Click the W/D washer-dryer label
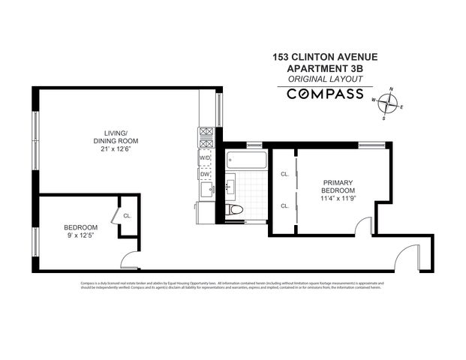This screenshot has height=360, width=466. (x=206, y=158)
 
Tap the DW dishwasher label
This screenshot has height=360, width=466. (x=205, y=175)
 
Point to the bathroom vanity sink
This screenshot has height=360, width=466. (x=230, y=184)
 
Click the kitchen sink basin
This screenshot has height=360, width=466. (x=205, y=190)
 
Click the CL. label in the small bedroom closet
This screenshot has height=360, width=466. (x=128, y=216)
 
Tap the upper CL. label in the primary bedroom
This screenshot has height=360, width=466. (x=285, y=174)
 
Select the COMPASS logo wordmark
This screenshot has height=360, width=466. (x=326, y=94)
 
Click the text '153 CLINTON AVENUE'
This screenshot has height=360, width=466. (x=326, y=56)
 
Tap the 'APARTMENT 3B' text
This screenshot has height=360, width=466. (x=326, y=67)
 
